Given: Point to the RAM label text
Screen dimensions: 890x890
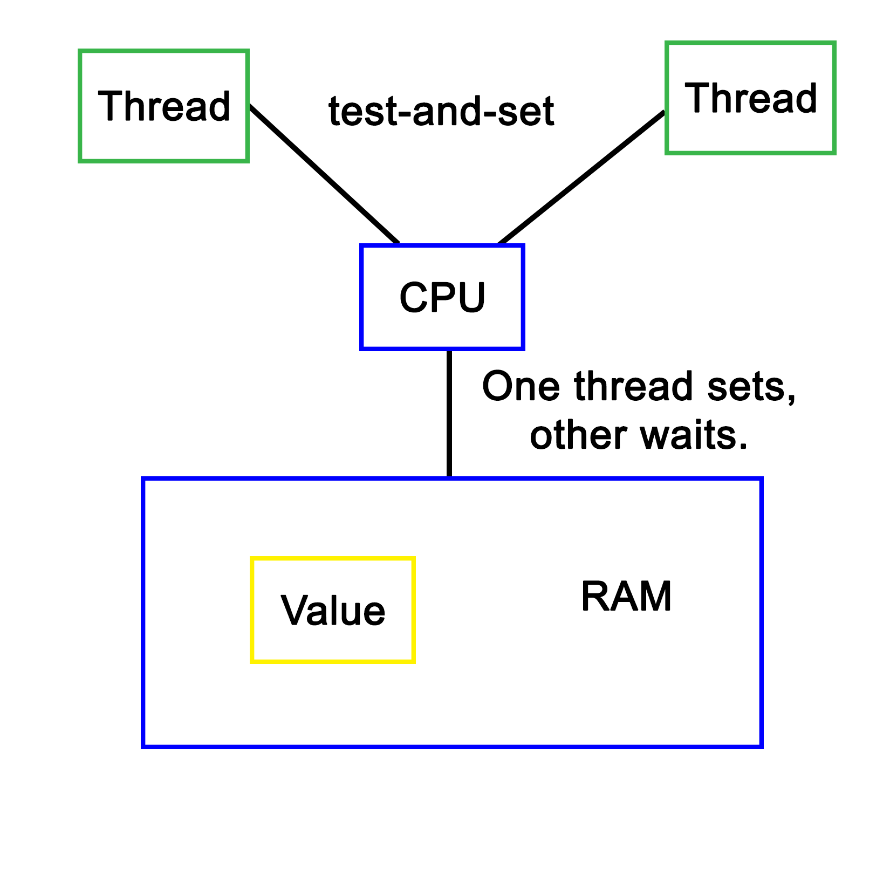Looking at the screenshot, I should click(x=626, y=597).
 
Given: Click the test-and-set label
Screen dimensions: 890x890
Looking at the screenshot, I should click(x=441, y=112).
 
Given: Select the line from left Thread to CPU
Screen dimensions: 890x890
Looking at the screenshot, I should click(x=324, y=174).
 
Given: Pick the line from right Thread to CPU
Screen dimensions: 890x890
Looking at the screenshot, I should click(x=580, y=177).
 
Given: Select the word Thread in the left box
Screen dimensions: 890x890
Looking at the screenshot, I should click(x=164, y=106).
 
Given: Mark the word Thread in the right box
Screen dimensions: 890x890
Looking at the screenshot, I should click(x=751, y=98).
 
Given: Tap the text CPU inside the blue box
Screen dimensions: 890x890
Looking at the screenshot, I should click(x=442, y=297).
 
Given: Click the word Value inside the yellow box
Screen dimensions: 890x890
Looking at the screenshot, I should click(x=333, y=611).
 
